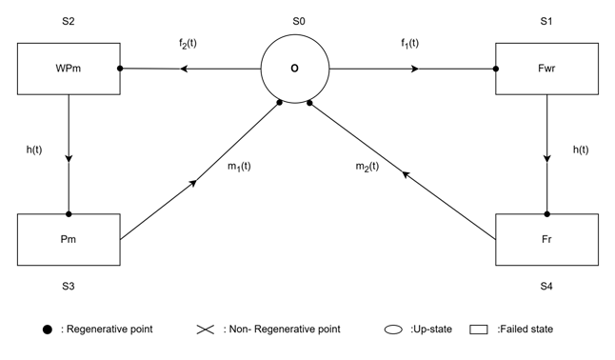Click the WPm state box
pyautogui.click(x=69, y=69)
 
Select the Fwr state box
pyautogui.click(x=546, y=69)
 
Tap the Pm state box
pyautogui.click(x=69, y=239)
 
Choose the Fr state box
pyautogui.click(x=546, y=239)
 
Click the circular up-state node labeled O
pyautogui.click(x=295, y=69)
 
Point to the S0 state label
pyautogui.click(x=299, y=21)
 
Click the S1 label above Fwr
pyautogui.click(x=546, y=21)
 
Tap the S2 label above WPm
pyautogui.click(x=69, y=21)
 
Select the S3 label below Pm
pyautogui.click(x=69, y=287)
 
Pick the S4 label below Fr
pyautogui.click(x=546, y=287)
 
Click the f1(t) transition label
pyautogui.click(x=410, y=43)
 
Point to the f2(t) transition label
pyautogui.click(x=188, y=43)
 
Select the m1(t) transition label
pyautogui.click(x=239, y=167)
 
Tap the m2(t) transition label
pyautogui.click(x=367, y=167)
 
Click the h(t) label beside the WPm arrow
pyautogui.click(x=34, y=150)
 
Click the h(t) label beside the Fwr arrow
pyautogui.click(x=581, y=150)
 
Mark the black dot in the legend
pyautogui.click(x=47, y=330)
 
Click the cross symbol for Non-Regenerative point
pyautogui.click(x=206, y=330)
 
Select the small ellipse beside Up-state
pyautogui.click(x=393, y=330)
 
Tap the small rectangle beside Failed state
pyautogui.click(x=479, y=330)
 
